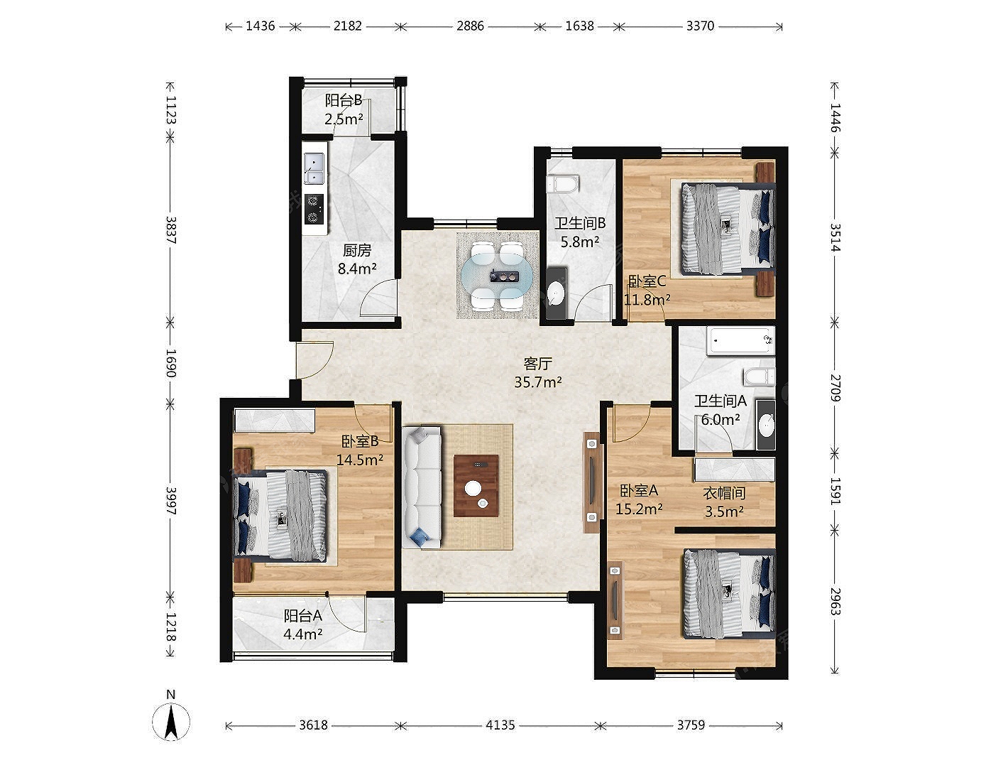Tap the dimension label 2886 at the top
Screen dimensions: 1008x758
coord(470,26)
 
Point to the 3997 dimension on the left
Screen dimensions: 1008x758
coord(171,501)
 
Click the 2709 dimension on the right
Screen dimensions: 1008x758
coord(835,388)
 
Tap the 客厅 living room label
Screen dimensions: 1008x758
coord(537,364)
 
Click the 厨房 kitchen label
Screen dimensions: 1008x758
coord(357,250)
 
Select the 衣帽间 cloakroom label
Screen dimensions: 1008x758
coord(724,493)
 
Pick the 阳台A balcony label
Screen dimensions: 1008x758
coord(302,616)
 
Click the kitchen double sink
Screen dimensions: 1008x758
coord(314,169)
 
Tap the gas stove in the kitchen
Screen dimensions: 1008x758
coord(314,210)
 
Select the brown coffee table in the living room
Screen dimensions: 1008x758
coord(476,486)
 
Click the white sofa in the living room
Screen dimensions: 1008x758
coord(422,487)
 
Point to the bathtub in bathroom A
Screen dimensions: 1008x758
coord(740,340)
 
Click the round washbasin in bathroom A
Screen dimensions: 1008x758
coord(766,425)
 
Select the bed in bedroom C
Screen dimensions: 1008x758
coord(728,229)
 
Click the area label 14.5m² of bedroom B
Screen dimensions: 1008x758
coord(360,460)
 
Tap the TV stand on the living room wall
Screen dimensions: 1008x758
coord(591,482)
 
